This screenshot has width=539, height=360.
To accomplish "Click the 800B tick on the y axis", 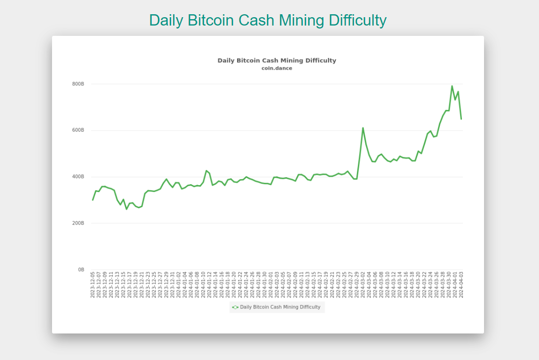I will tap(79, 84).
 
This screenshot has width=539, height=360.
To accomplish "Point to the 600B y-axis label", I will tap(79, 130).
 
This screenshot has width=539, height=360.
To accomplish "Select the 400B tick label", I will tap(79, 177).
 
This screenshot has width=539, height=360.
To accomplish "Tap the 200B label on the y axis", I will tap(79, 223).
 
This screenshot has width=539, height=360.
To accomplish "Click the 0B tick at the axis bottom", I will tap(81, 270).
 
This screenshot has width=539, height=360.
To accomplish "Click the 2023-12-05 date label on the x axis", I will tap(93, 284).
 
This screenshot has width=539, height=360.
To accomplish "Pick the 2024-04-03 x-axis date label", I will tap(461, 284).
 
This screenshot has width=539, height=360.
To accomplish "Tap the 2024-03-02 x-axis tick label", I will tap(363, 284).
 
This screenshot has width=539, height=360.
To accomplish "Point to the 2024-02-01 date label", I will tap(271, 284).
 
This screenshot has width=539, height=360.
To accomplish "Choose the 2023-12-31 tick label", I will tap(172, 284).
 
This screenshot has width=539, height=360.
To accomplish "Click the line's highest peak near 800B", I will tap(452, 86).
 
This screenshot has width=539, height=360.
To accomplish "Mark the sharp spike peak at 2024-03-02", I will tap(363, 128).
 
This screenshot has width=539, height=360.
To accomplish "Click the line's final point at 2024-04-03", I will tap(461, 119).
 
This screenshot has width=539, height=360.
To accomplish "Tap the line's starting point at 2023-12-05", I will tap(93, 200).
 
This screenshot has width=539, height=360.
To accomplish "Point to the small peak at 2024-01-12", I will tap(207, 170).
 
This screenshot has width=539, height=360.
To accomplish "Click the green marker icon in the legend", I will tap(235, 307).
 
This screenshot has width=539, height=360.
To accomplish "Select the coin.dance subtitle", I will tap(277, 68).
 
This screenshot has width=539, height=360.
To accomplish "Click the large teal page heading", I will tap(268, 20).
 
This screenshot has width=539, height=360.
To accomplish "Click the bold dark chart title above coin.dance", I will tap(277, 60).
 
